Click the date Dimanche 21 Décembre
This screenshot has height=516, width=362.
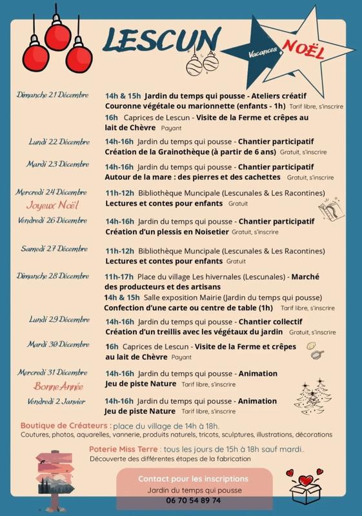tap(53, 96)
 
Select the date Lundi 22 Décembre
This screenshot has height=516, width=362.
tap(59, 141)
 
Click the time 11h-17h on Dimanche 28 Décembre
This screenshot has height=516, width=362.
tap(119, 276)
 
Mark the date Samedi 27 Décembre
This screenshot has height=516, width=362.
tap(55, 248)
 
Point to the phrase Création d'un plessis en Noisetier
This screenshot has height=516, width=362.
tap(166, 231)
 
